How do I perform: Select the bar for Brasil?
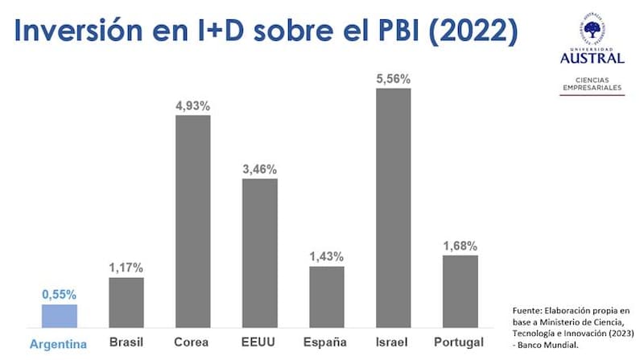coord(126,303)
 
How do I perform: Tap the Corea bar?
coord(193,221)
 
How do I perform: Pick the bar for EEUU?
coord(259,253)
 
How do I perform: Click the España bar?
coord(326,297)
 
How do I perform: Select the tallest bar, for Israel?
coord(394,208)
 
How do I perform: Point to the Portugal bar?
coord(460,292)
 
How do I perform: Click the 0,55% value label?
coord(60,296)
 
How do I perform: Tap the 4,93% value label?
coord(193,106)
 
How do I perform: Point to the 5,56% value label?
coord(394,79)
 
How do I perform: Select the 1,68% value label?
coord(460,246)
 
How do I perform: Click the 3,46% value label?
coord(259,169)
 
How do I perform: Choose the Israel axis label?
coord(393,342)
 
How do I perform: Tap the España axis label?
coord(325,342)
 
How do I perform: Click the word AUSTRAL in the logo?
coord(592,57)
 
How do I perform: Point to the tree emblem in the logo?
coord(592,31)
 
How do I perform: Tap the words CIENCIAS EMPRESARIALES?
coord(592,84)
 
